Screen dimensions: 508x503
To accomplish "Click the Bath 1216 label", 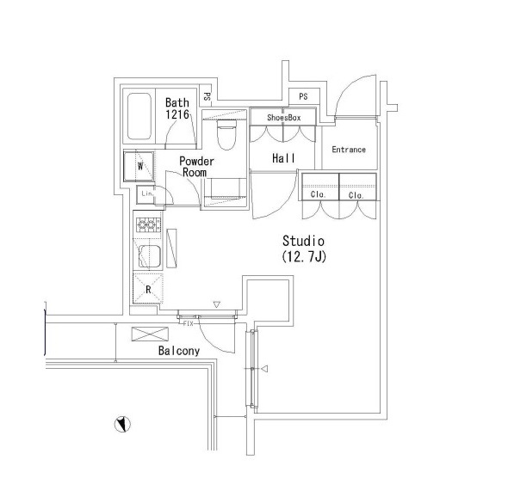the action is [x=177, y=108].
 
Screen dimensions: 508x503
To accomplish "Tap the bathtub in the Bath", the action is [x=139, y=116].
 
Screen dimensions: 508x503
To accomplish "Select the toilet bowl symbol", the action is [x=226, y=135].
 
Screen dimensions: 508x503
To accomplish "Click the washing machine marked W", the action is [x=139, y=166].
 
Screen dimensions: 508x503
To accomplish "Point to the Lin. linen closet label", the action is [x=147, y=193].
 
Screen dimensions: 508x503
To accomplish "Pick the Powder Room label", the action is [x=196, y=167].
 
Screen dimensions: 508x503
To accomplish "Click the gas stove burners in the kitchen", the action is [x=148, y=224].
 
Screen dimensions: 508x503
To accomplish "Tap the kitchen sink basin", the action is [x=150, y=256].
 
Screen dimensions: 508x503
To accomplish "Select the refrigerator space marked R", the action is [x=148, y=289].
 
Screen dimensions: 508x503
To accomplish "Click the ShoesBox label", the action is [x=284, y=118].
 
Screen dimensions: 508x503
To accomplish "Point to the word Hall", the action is [x=283, y=158].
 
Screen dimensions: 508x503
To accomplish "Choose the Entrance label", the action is [x=349, y=150].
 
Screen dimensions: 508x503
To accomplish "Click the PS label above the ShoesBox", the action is [x=303, y=96].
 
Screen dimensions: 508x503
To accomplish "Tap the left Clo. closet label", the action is [x=318, y=194].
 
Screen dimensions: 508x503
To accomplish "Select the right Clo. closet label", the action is [x=356, y=195].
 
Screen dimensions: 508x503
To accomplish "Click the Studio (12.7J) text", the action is [x=304, y=248].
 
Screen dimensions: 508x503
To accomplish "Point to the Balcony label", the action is [x=179, y=351].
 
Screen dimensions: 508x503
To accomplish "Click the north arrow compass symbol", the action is [x=122, y=424].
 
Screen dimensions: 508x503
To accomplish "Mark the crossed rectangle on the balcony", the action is [x=150, y=334].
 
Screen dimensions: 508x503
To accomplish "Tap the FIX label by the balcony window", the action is [x=189, y=323].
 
